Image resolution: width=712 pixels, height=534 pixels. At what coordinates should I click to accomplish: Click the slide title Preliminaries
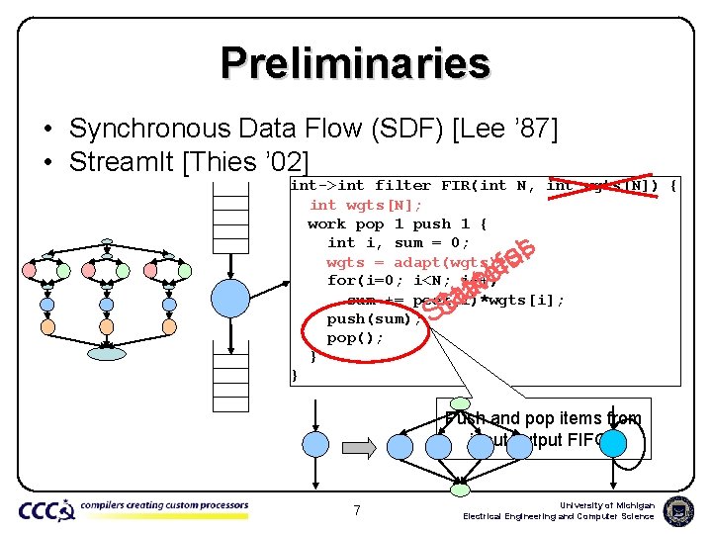[x=356, y=63]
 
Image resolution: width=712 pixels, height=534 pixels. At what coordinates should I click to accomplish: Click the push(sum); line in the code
[x=367, y=319]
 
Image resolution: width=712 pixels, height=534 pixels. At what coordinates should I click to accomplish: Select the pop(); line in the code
[x=355, y=338]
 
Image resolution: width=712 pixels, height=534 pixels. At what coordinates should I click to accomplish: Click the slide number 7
[x=356, y=510]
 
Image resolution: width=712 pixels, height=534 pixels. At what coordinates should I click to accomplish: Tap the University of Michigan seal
[x=678, y=510]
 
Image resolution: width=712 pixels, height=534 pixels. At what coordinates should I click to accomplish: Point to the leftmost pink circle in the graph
[x=29, y=269]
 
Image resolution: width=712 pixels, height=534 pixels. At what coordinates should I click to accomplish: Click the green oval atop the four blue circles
[x=460, y=403]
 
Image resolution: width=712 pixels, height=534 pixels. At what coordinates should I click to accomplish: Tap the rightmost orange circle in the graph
[x=169, y=325]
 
